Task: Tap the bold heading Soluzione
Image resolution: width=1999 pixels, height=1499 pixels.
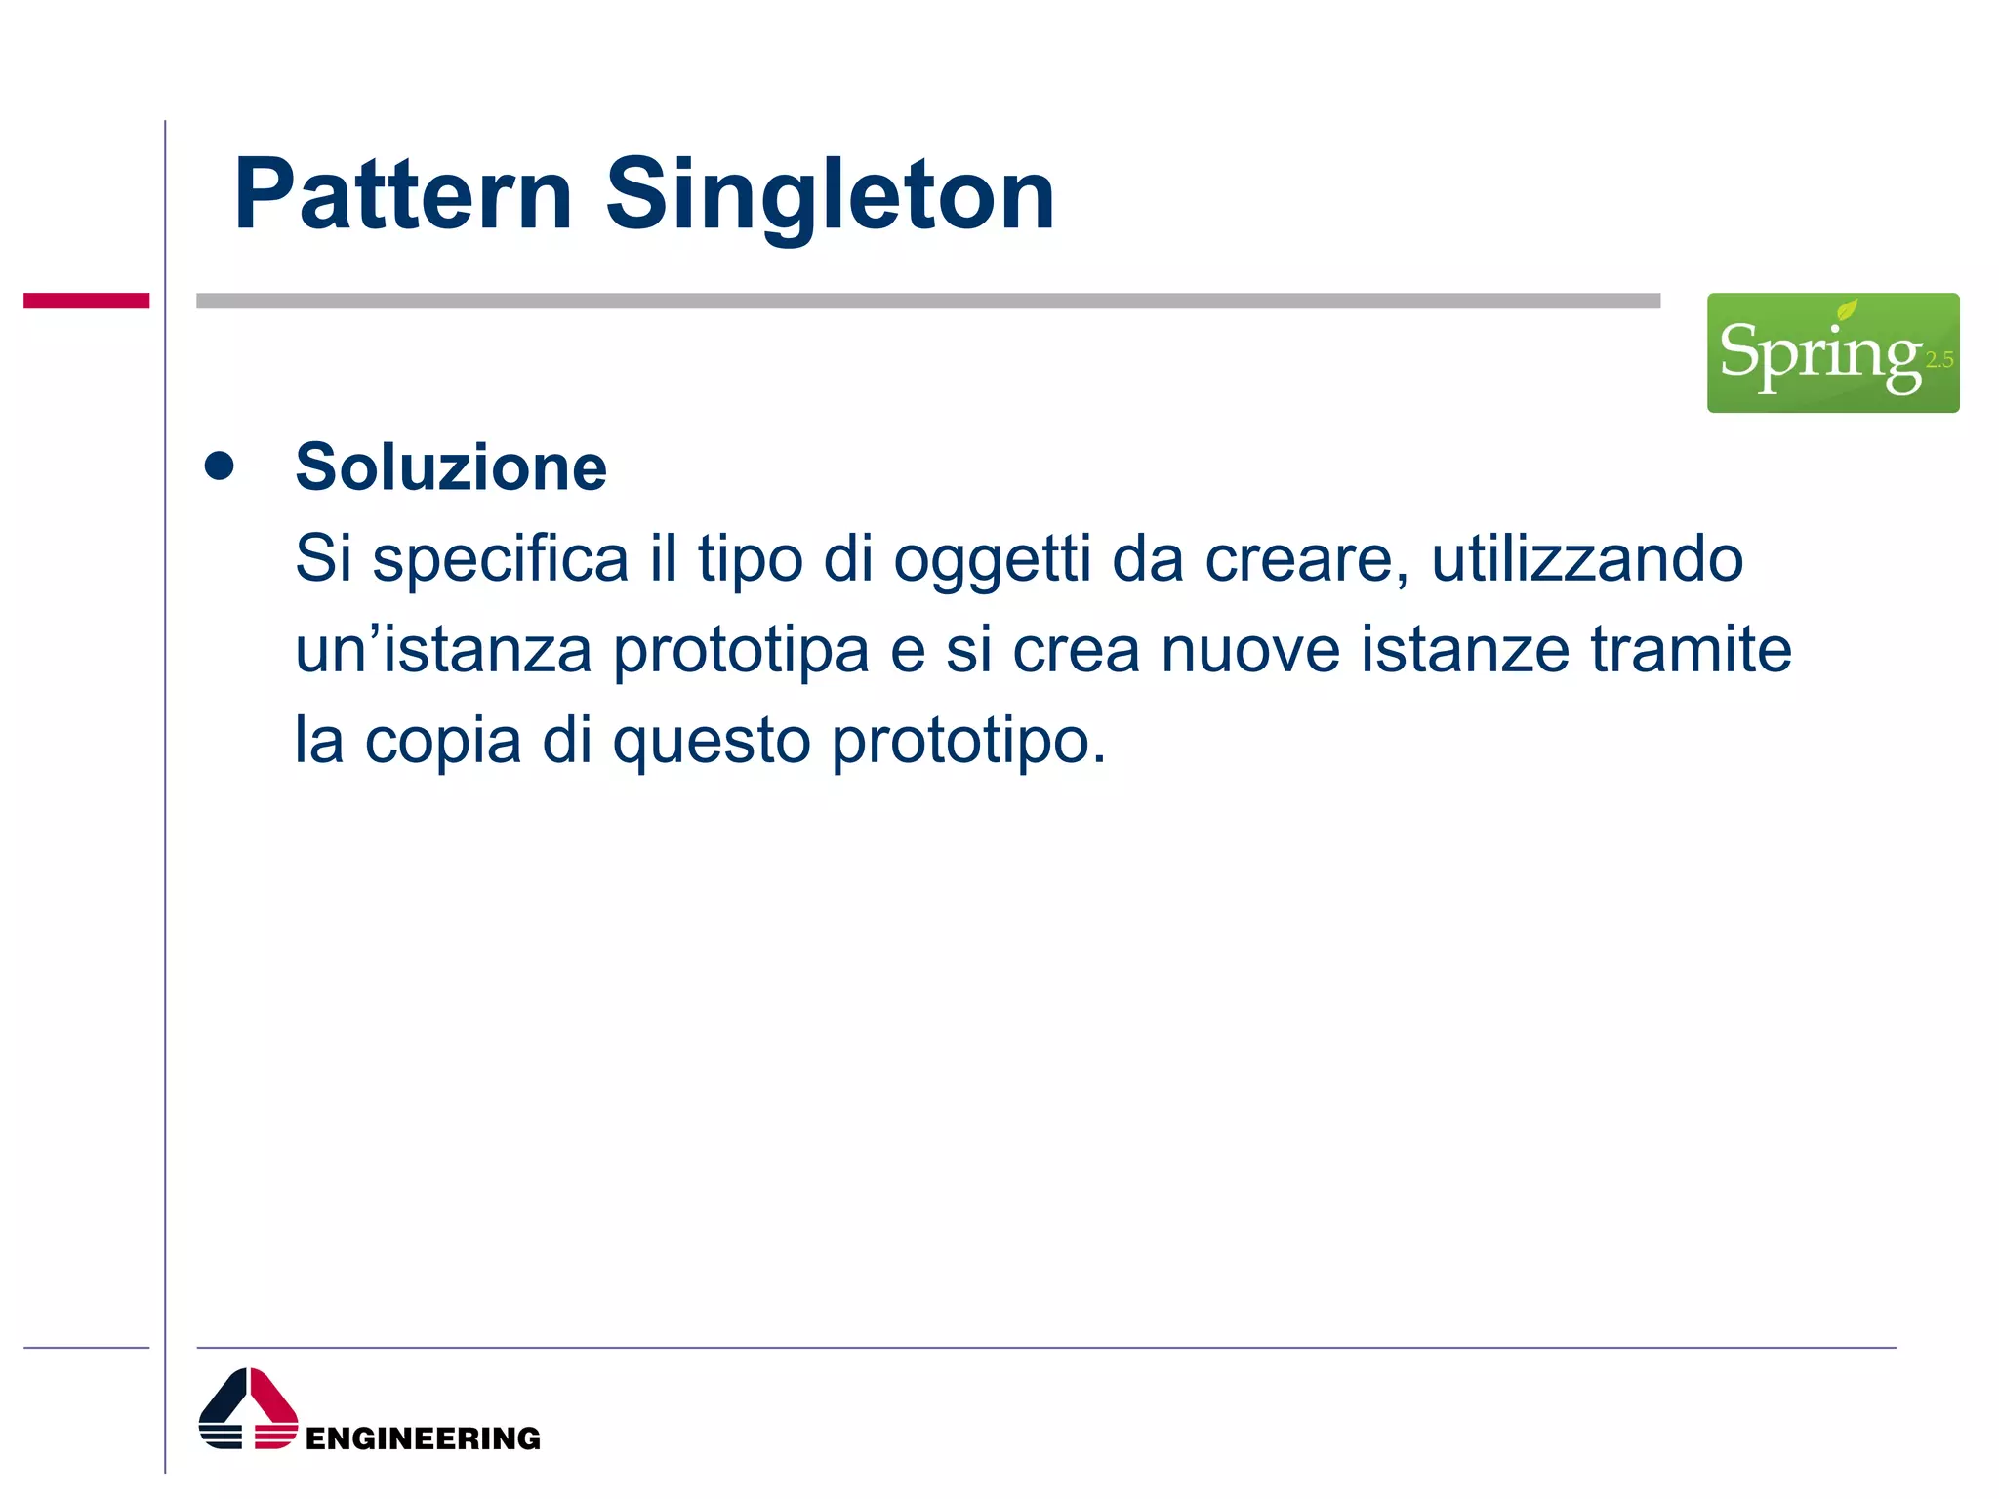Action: [x=451, y=467]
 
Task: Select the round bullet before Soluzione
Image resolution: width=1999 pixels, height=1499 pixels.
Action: [x=220, y=466]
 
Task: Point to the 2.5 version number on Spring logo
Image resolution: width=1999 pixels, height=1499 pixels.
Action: [x=1938, y=360]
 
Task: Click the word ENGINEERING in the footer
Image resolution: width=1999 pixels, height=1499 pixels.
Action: [x=423, y=1438]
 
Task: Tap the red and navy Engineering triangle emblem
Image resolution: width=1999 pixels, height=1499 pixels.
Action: [x=248, y=1409]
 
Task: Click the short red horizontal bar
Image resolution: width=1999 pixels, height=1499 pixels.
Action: [x=86, y=301]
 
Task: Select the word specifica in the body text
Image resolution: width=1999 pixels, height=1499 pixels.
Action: [x=500, y=559]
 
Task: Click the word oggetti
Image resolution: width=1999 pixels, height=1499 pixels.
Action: [x=992, y=559]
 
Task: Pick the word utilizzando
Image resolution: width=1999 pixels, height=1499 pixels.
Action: [x=1587, y=559]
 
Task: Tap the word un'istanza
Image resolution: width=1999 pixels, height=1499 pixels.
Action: [x=443, y=650]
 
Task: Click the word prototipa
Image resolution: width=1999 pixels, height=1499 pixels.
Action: [x=741, y=650]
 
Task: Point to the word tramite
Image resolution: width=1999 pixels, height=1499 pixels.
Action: [x=1691, y=650]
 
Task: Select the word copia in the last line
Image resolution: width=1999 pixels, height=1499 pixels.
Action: [x=443, y=741]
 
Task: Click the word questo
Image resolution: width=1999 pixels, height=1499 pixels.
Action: [x=712, y=741]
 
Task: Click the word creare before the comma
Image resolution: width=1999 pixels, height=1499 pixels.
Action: [x=1300, y=559]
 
